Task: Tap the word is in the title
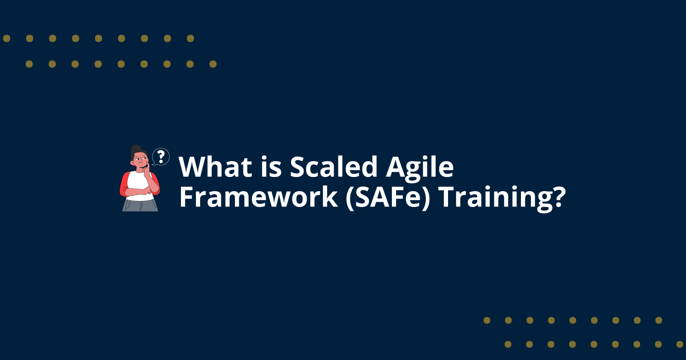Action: click(x=271, y=167)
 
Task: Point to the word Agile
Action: click(x=420, y=168)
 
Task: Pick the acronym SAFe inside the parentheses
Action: click(x=388, y=197)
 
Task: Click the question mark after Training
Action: click(x=557, y=198)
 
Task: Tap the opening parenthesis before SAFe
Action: click(x=350, y=198)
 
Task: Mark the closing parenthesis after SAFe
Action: click(x=426, y=198)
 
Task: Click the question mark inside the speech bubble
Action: click(x=161, y=156)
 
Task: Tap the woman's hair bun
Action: click(x=135, y=148)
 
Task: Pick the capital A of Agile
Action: click(x=396, y=167)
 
